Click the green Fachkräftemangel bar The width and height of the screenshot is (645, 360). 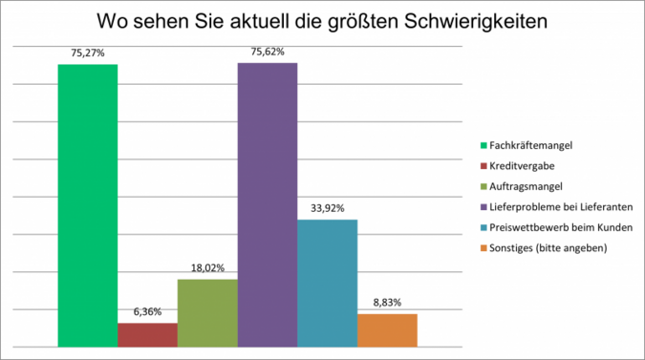coord(87,205)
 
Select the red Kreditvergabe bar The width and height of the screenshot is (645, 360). coord(147,335)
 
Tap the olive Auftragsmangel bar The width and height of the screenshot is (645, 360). coord(207,313)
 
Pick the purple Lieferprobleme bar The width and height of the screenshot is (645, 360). coord(268,204)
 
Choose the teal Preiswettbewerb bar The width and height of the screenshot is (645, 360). coord(327,283)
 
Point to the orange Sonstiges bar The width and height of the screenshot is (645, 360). coord(387,330)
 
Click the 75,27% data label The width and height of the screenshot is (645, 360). coord(87,54)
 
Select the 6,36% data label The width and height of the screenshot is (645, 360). coord(147,311)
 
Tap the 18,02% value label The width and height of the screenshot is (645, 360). coord(207,268)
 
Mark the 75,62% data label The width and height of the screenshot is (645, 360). coord(268,53)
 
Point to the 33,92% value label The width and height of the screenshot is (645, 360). coord(327,208)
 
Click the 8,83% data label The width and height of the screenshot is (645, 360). coord(387,303)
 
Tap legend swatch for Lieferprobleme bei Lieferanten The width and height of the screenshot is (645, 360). coord(483,207)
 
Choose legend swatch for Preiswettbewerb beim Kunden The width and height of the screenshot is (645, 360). coord(483,227)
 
